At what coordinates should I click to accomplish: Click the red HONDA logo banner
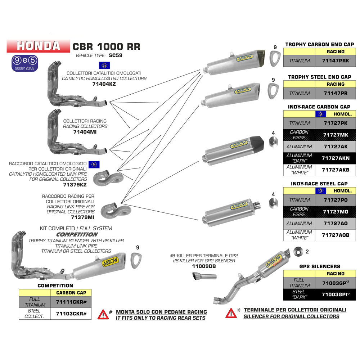38,46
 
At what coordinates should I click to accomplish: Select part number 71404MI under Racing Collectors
85,132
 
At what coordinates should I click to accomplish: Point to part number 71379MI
82,217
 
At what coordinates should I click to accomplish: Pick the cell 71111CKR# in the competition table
71,302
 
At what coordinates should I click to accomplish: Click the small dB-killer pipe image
204,277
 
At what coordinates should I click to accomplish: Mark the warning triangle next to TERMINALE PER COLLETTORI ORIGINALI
231,313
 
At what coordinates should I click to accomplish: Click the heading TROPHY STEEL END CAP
319,77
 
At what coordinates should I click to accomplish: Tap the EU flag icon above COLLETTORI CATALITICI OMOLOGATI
104,65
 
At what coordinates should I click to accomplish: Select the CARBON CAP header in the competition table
71,292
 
